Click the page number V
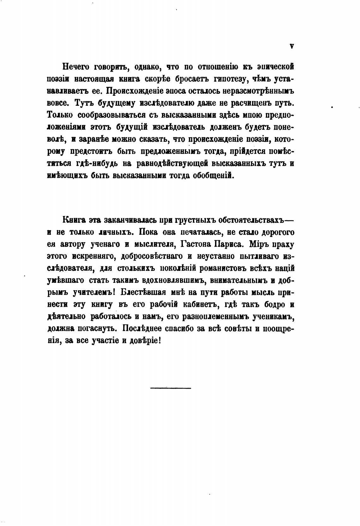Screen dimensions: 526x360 292,46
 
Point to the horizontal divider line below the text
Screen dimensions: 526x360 171,388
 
